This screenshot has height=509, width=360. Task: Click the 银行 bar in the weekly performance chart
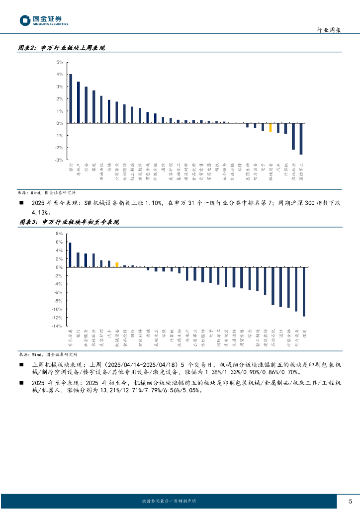point(71,98)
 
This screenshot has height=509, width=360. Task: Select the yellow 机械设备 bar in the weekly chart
point(270,127)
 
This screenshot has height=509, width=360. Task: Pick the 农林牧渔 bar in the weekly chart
point(293,136)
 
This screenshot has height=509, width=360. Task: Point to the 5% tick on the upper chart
point(60,62)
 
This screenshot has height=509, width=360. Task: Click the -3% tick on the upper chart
point(59,160)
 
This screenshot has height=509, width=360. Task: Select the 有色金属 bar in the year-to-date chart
point(70,255)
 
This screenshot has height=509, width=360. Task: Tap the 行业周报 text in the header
point(329,30)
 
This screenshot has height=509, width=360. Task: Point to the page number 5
point(350,501)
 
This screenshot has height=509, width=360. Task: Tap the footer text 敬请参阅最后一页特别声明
point(169,501)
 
